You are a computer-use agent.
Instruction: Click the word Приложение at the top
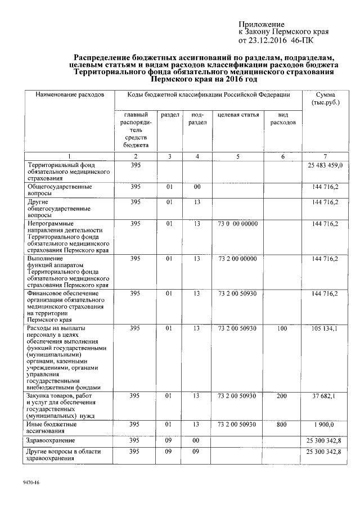tap(262, 24)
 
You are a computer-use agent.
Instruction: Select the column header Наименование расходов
tap(70, 96)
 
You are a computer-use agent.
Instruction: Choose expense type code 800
tap(282, 424)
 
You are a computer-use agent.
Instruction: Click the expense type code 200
tap(282, 397)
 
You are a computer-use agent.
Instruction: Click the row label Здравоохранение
tap(51, 439)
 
